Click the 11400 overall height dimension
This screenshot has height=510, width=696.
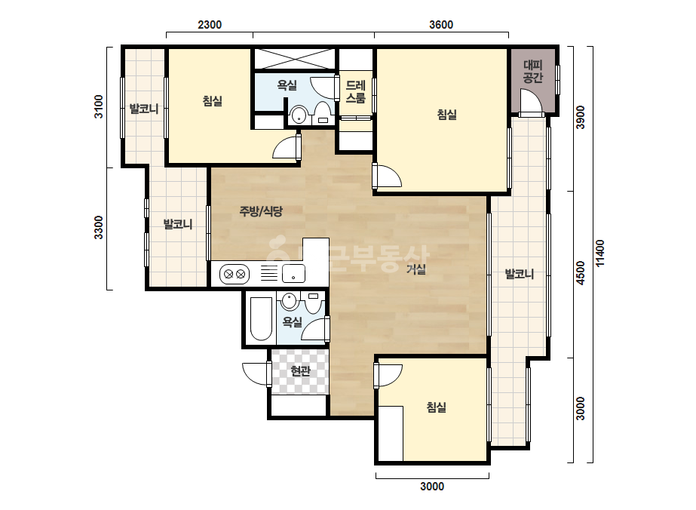click(x=600, y=253)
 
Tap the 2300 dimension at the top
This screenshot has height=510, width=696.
click(x=210, y=24)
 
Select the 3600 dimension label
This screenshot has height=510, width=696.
click(x=441, y=24)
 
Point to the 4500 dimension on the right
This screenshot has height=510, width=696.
click(x=581, y=273)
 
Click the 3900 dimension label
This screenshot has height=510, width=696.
click(x=581, y=117)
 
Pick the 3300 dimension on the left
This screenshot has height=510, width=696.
click(x=98, y=227)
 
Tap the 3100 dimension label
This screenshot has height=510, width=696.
click(x=98, y=106)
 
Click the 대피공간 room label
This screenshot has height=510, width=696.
click(x=532, y=72)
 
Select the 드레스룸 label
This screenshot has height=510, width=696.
click(x=356, y=91)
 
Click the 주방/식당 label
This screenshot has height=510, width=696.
click(x=261, y=211)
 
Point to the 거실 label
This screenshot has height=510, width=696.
click(x=416, y=269)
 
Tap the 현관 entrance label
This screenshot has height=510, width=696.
click(x=301, y=370)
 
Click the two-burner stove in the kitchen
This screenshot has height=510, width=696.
click(x=235, y=274)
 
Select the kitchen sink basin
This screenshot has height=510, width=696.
click(x=293, y=273)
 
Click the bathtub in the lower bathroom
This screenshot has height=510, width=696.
click(x=261, y=319)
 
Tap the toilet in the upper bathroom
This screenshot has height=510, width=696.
click(x=322, y=113)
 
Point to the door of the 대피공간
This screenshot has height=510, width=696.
click(x=531, y=102)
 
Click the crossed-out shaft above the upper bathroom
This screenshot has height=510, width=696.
click(x=295, y=59)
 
